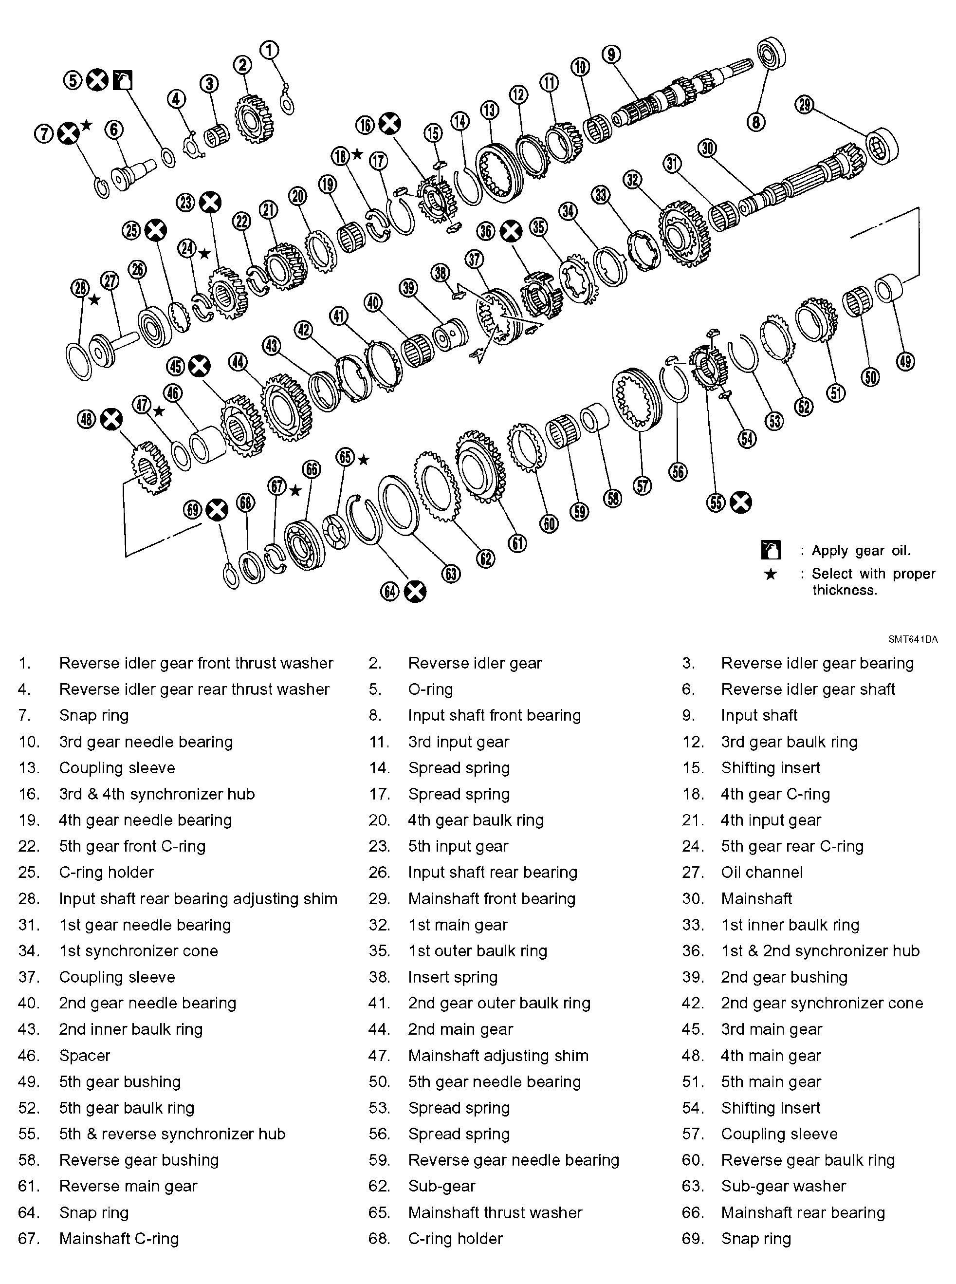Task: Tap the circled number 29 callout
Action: tap(805, 105)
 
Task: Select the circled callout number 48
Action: tap(86, 419)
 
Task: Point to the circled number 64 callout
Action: tap(390, 592)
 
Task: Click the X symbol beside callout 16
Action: tap(389, 124)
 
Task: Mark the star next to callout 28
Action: tap(94, 300)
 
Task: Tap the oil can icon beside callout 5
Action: tap(123, 80)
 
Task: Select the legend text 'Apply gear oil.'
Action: tap(861, 551)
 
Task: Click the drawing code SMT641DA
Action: tap(913, 640)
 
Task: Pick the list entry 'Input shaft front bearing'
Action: tap(494, 715)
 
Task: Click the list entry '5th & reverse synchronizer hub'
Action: tap(172, 1134)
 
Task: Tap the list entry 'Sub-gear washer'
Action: tap(783, 1186)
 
